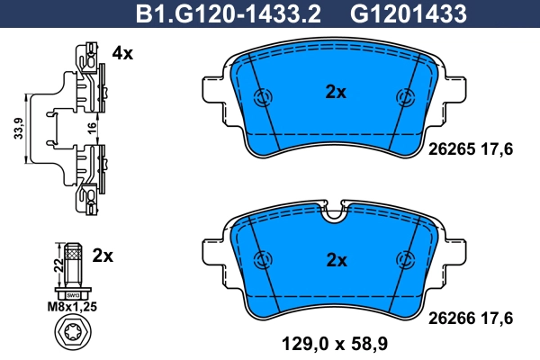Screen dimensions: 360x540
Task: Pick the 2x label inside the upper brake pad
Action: (x=335, y=91)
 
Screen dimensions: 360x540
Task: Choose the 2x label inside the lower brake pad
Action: (x=335, y=260)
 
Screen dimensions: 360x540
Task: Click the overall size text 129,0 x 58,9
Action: (x=333, y=343)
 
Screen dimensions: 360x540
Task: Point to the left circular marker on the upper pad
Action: (x=263, y=98)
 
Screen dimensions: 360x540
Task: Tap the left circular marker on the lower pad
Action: (x=263, y=260)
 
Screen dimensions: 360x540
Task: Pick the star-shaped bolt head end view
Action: (x=72, y=337)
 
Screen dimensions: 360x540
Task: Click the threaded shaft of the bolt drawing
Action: (x=72, y=265)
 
